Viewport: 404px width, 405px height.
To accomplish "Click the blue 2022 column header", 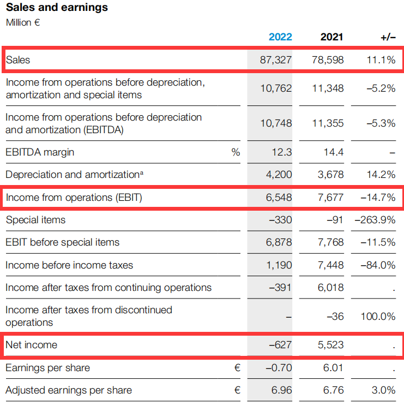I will pyautogui.click(x=280, y=37).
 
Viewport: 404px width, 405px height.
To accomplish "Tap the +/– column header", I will pyautogui.click(x=388, y=37).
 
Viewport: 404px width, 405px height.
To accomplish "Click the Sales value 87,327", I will pyautogui.click(x=276, y=60).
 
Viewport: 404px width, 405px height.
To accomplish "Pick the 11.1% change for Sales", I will pyautogui.click(x=381, y=60).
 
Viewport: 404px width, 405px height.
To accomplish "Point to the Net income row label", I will pyautogui.click(x=31, y=345).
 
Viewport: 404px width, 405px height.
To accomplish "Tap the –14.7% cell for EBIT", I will pyautogui.click(x=378, y=198).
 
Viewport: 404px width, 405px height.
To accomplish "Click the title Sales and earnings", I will pyautogui.click(x=57, y=8).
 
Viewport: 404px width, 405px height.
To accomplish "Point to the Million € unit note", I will pyautogui.click(x=23, y=22).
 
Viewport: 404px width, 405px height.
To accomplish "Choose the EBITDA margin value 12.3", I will pyautogui.click(x=282, y=152).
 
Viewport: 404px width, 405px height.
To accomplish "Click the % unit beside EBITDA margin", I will pyautogui.click(x=236, y=152).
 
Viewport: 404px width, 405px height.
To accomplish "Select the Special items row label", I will pyautogui.click(x=35, y=220).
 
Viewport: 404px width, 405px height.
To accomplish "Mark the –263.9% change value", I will pyautogui.click(x=375, y=220).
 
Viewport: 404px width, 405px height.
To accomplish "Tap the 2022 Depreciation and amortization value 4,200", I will pyautogui.click(x=279, y=175).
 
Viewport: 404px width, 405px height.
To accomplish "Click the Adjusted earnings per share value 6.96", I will pyautogui.click(x=282, y=390).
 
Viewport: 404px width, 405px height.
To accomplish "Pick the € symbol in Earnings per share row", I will pyautogui.click(x=237, y=368).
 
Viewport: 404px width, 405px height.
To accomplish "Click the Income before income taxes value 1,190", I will pyautogui.click(x=279, y=265).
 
